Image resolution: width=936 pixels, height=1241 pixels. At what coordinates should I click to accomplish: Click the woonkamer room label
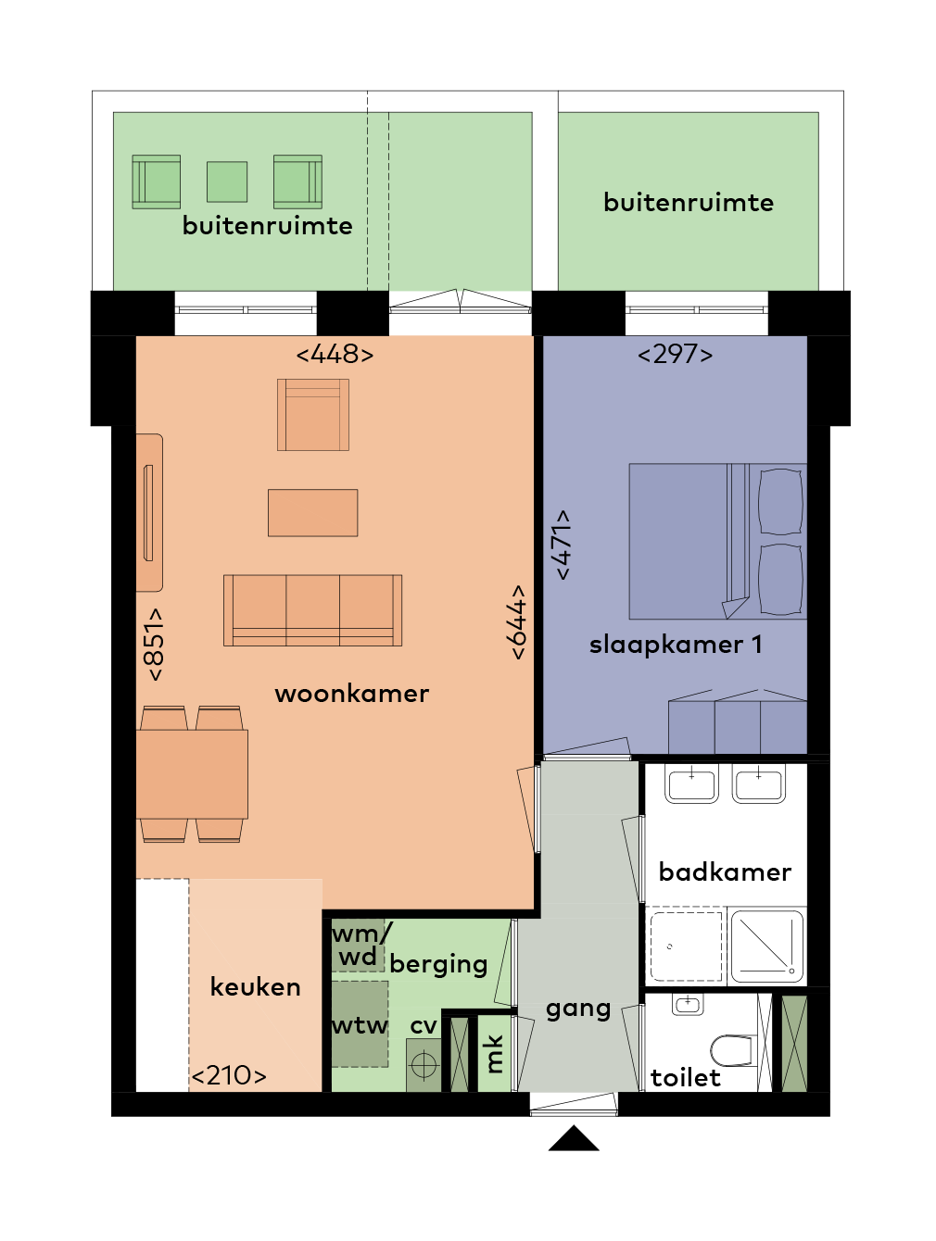coord(351,694)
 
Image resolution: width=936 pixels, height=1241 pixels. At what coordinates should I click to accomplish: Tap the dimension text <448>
coord(335,354)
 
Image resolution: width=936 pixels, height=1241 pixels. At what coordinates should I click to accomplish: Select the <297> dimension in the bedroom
coord(675,354)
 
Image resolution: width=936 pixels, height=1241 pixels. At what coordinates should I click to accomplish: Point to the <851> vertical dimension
coord(154,644)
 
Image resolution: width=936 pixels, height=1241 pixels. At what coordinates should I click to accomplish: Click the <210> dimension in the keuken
coord(229,1075)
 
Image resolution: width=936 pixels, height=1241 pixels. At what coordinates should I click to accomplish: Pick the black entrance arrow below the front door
coord(574,1139)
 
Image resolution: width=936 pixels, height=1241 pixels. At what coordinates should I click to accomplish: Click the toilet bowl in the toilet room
coord(732,1050)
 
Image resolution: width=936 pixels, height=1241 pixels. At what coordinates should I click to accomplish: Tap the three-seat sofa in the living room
coord(312,609)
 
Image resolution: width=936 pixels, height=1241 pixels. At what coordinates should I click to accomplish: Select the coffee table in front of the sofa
coord(312,512)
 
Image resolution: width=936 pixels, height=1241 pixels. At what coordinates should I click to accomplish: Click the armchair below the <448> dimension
coord(313,415)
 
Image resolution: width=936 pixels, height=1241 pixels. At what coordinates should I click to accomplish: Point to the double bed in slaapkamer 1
coord(716,541)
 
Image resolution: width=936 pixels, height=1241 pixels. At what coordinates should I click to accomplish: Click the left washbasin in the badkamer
coord(691,783)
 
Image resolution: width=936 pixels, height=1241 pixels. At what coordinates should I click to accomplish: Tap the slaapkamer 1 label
coord(676,645)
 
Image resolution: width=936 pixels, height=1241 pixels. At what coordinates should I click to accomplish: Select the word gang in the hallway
coord(578,1009)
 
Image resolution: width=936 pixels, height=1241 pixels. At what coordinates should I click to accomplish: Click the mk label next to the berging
coord(494,1053)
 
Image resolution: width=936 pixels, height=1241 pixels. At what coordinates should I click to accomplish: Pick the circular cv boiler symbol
coord(424,1066)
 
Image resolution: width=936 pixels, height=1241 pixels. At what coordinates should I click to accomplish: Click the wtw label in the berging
coord(360,1025)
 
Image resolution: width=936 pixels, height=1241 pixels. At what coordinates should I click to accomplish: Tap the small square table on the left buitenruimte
coord(227,182)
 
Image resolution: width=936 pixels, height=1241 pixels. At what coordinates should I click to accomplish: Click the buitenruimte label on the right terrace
coord(688,203)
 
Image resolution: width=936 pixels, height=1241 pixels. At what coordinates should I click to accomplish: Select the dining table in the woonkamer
coord(193,773)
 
